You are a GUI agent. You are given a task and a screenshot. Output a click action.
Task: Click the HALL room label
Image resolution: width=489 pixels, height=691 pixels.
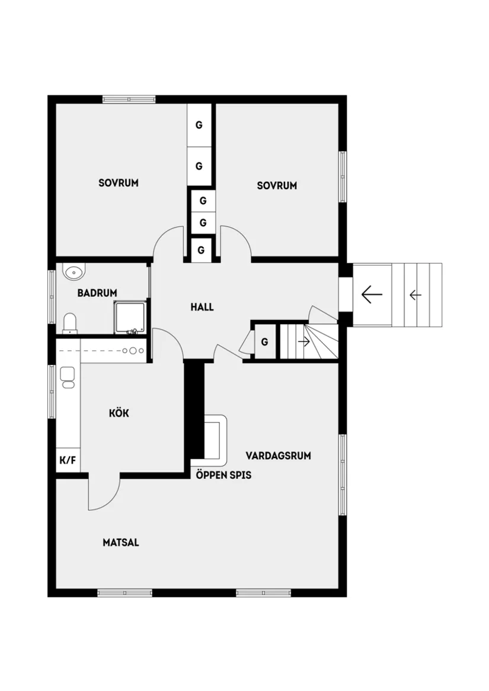(x=202, y=307)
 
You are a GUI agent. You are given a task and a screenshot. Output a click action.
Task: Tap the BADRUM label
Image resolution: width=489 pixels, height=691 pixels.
(x=97, y=293)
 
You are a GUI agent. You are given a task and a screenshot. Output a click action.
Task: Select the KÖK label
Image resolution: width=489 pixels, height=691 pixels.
(x=119, y=413)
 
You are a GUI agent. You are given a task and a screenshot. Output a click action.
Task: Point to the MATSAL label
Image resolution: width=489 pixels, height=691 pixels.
(x=121, y=542)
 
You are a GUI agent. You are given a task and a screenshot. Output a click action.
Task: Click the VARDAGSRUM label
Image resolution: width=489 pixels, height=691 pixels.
(x=279, y=456)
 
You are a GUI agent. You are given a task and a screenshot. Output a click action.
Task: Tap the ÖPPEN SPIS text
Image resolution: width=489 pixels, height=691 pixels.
(x=223, y=475)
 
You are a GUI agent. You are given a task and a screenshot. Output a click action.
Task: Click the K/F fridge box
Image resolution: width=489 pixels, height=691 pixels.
(x=68, y=460)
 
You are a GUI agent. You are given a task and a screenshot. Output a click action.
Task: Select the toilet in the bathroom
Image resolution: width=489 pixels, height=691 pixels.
(x=70, y=324)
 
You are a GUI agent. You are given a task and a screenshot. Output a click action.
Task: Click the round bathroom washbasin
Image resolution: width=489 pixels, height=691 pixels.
(x=74, y=272)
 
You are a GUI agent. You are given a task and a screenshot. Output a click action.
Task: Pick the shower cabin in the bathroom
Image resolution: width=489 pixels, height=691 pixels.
(x=130, y=317)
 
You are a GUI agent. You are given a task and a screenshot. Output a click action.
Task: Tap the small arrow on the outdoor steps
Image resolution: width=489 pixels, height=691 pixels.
(x=415, y=295)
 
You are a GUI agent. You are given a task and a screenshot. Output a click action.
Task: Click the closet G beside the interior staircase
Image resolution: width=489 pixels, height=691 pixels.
(x=264, y=342)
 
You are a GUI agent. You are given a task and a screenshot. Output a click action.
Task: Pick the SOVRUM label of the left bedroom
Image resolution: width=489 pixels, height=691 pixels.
(x=119, y=183)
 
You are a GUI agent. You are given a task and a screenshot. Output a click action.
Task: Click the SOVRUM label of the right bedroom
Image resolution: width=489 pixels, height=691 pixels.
(x=277, y=185)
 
